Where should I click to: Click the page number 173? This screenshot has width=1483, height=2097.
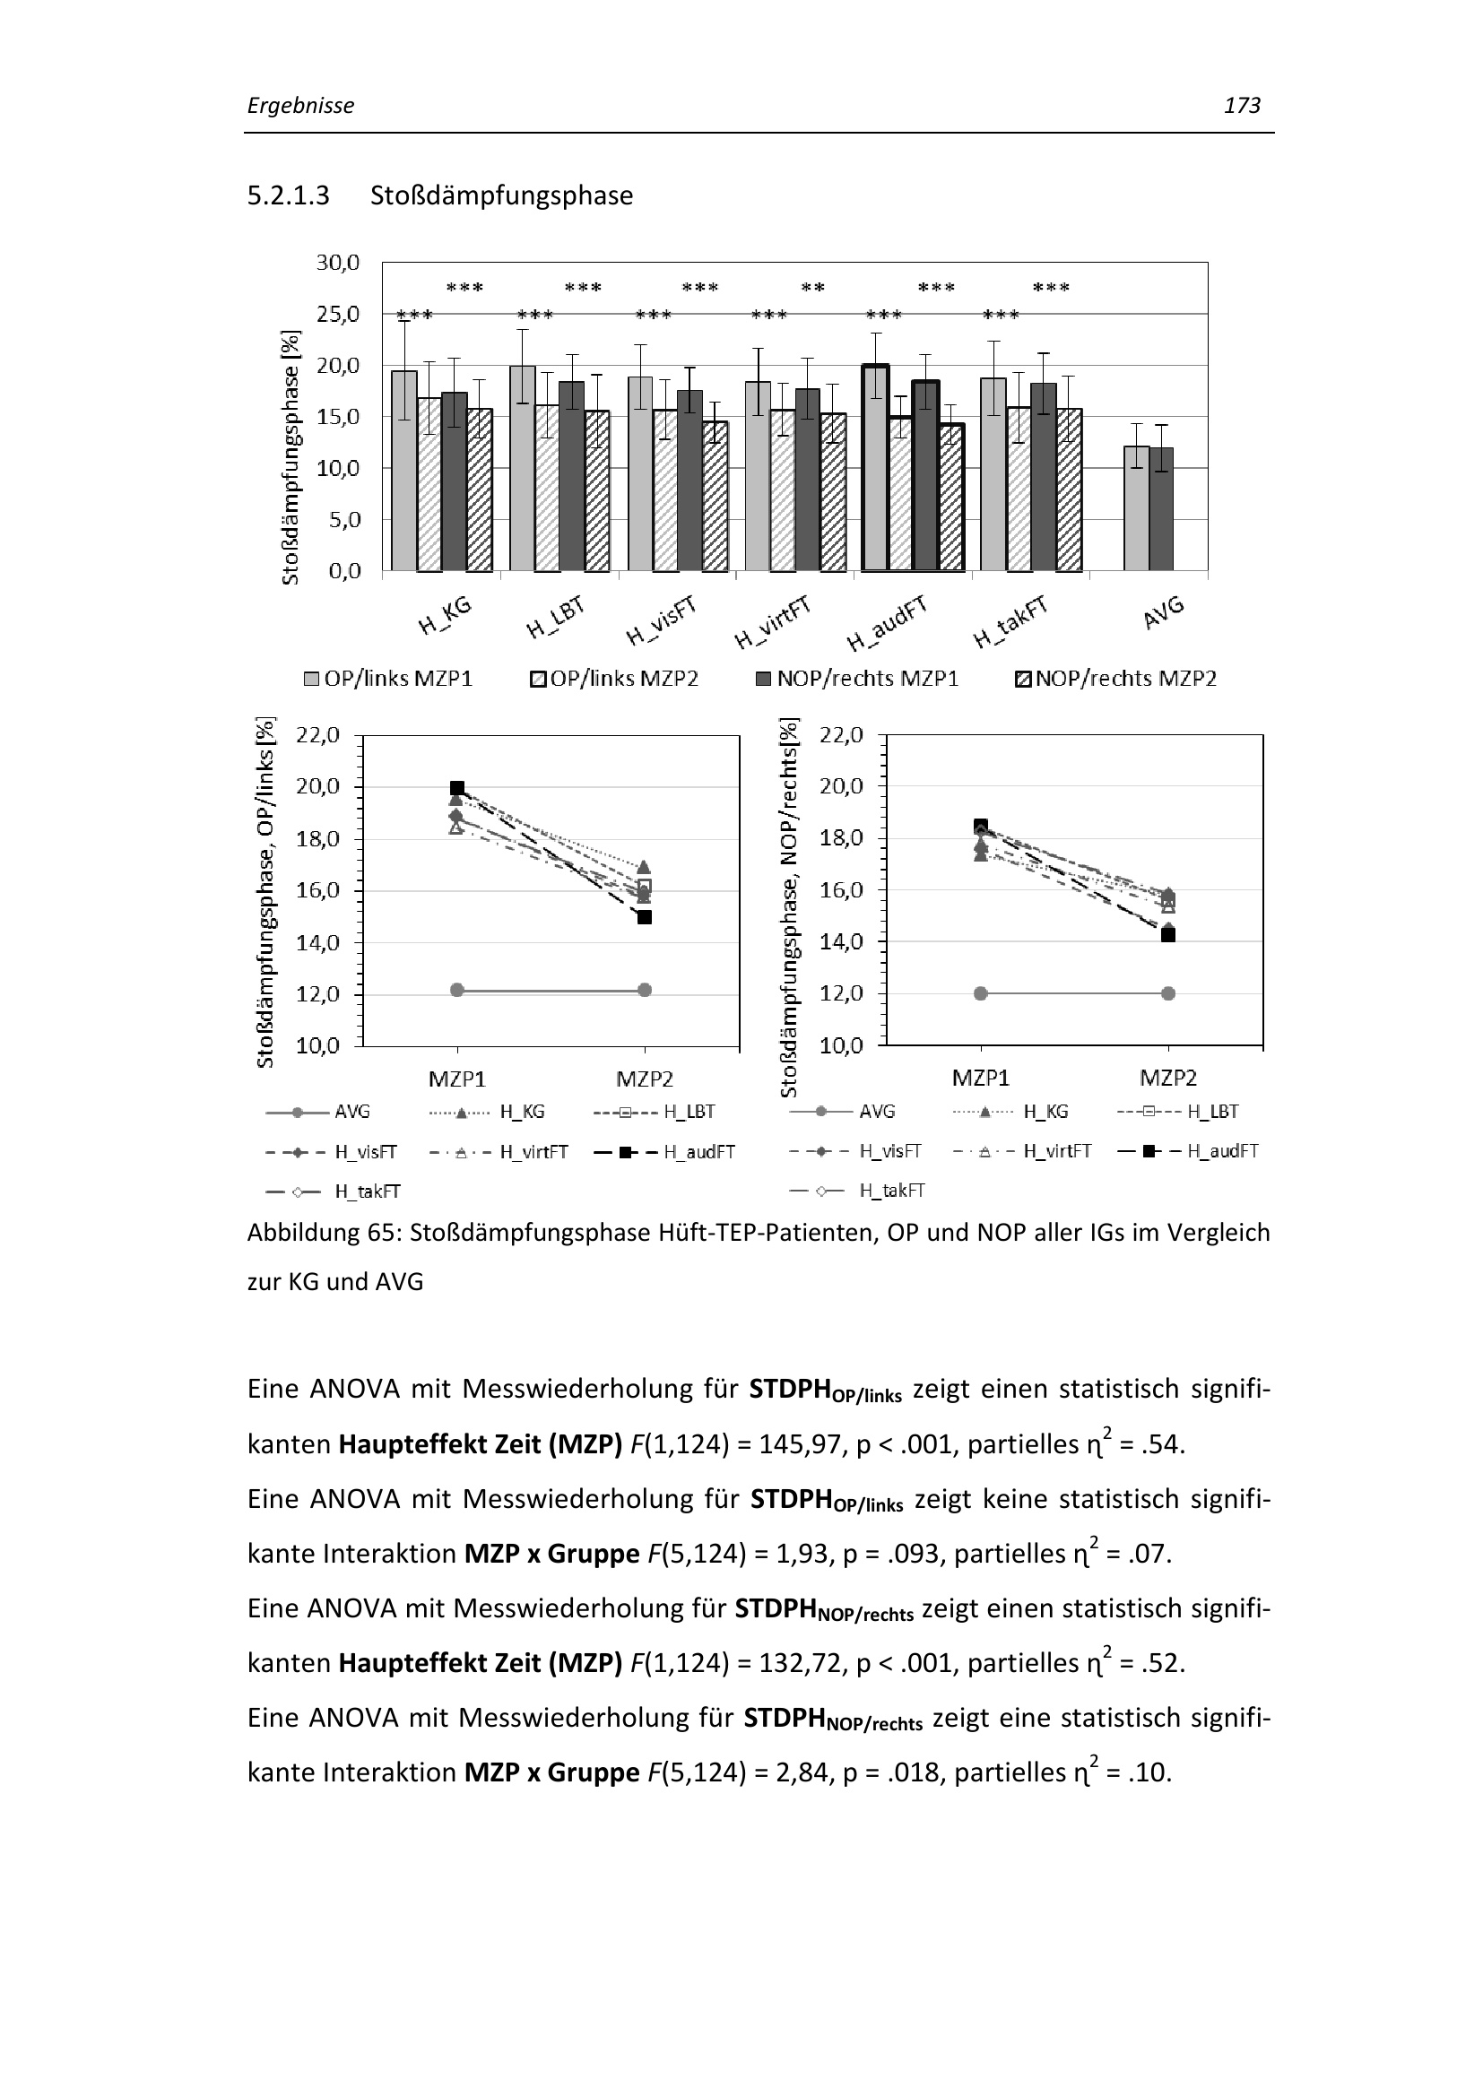click(x=1241, y=106)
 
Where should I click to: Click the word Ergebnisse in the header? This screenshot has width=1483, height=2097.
click(x=300, y=106)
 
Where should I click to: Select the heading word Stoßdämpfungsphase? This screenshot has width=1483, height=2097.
click(x=501, y=195)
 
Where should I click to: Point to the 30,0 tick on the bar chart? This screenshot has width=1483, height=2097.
click(x=338, y=263)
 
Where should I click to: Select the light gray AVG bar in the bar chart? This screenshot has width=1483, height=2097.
click(x=1136, y=507)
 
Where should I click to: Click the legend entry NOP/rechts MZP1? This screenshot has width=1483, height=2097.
click(x=867, y=679)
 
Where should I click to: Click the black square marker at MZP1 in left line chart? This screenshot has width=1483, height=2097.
click(x=457, y=787)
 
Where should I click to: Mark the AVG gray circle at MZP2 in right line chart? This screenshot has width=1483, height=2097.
click(x=1168, y=992)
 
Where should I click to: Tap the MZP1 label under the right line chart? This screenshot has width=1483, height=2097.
click(x=981, y=1078)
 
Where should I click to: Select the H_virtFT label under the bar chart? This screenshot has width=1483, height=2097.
click(x=772, y=623)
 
